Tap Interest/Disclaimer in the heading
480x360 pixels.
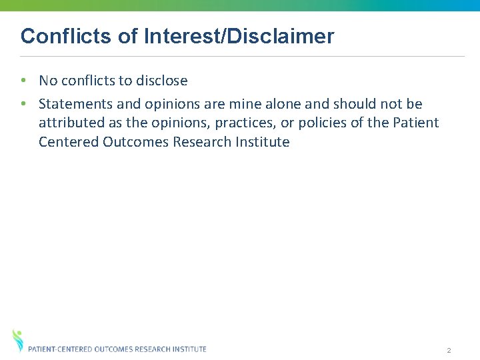239,36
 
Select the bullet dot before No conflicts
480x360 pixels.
23,81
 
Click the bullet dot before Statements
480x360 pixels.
23,104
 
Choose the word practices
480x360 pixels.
242,123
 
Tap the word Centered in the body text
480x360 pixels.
69,141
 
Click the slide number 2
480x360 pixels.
449,351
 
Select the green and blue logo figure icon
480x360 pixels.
17,339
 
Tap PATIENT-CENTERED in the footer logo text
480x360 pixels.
61,349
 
